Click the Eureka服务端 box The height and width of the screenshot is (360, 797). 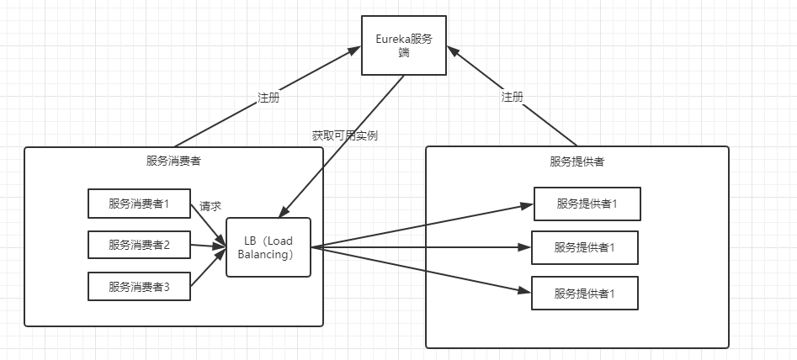pyautogui.click(x=404, y=45)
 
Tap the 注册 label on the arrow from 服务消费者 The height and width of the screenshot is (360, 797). pyautogui.click(x=268, y=97)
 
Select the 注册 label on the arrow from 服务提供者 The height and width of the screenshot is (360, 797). pyautogui.click(x=512, y=97)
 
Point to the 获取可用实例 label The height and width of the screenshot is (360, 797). pyautogui.click(x=344, y=135)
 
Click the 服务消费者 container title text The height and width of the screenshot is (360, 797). pyautogui.click(x=173, y=161)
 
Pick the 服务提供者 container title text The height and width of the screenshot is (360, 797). pyautogui.click(x=576, y=161)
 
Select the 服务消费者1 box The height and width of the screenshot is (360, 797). pyautogui.click(x=139, y=204)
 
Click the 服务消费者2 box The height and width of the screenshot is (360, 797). pyautogui.click(x=139, y=245)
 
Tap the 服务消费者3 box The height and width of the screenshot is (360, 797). pyautogui.click(x=139, y=287)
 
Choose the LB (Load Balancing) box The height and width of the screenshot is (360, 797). pyautogui.click(x=268, y=247)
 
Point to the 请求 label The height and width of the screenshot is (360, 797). pyautogui.click(x=210, y=206)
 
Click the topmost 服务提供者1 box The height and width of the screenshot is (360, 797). pyautogui.click(x=587, y=204)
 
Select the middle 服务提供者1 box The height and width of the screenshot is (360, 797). pyautogui.click(x=584, y=247)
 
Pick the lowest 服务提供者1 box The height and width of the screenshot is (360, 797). pyautogui.click(x=584, y=293)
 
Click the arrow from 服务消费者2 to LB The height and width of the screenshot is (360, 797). pyautogui.click(x=208, y=246)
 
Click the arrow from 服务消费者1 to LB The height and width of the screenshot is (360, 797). pyautogui.click(x=208, y=223)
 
